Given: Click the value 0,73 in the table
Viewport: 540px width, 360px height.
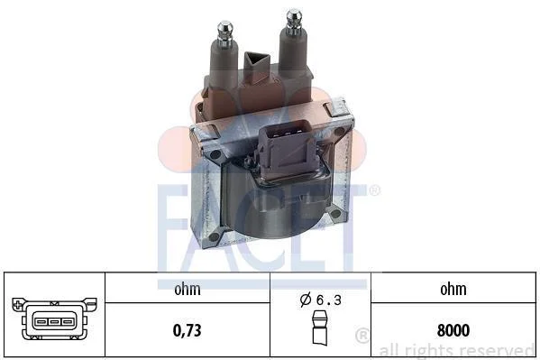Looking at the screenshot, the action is pos(187,330).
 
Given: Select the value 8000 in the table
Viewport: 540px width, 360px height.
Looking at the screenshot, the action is pos(453,330).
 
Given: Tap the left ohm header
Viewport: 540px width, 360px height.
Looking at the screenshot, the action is pos(187,289).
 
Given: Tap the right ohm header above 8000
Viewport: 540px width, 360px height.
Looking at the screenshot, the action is pos(453,289).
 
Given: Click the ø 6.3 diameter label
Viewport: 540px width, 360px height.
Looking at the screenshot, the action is pos(321,300).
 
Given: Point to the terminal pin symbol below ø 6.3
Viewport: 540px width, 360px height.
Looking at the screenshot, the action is pos(320,328).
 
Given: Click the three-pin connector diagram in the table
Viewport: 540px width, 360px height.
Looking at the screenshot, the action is pos(54,319).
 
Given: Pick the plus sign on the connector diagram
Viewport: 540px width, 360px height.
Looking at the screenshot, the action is pos(19,304).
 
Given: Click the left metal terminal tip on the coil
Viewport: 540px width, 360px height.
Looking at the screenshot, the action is pos(225,32).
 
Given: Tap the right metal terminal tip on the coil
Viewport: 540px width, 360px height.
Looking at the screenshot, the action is pos(294,22).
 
